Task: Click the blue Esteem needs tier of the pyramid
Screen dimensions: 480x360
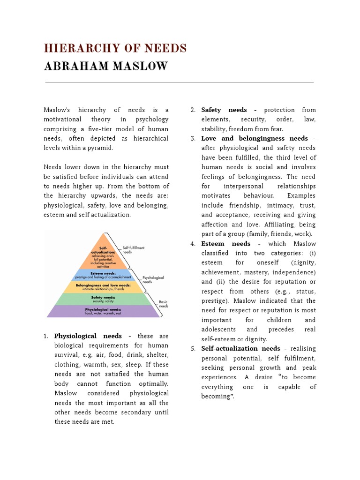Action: tap(103, 274)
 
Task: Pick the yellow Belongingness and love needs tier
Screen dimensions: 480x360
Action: tap(103, 286)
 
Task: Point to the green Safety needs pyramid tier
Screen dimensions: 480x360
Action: tap(103, 299)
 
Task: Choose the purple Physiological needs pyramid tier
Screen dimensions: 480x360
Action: tap(103, 311)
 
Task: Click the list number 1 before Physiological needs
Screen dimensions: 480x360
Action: tap(46, 336)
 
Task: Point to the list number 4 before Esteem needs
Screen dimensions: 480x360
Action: tap(193, 244)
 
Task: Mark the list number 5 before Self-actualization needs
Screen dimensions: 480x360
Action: tap(193, 349)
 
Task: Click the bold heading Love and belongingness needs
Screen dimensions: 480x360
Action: tap(255, 138)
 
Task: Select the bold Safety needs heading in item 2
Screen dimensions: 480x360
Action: tap(224, 110)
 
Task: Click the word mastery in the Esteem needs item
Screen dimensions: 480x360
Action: tap(261, 272)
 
